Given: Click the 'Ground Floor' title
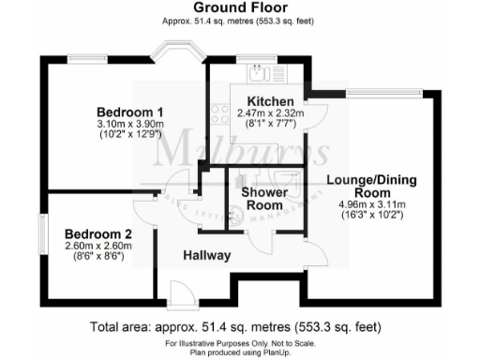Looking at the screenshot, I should click(x=240, y=7).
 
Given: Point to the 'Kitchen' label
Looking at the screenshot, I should click(x=271, y=101).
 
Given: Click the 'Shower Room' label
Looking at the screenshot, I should click(x=263, y=199).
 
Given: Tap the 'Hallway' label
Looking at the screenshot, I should click(x=207, y=255).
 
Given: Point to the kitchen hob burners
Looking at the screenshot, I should click(x=221, y=114).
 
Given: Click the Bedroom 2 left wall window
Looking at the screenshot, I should click(x=41, y=232).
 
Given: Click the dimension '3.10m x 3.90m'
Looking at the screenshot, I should click(x=130, y=123).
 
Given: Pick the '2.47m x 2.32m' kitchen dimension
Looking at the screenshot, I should click(x=271, y=112).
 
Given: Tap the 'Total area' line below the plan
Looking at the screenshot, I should click(x=240, y=328).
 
